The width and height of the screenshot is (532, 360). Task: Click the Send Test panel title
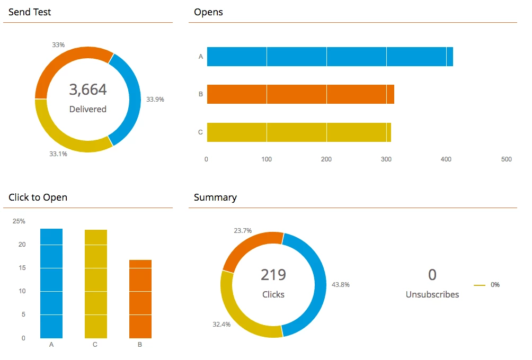click(x=30, y=12)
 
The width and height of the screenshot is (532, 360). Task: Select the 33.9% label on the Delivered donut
click(x=155, y=99)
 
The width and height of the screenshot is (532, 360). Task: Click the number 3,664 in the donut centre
click(x=88, y=90)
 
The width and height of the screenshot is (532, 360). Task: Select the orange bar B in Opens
click(x=300, y=94)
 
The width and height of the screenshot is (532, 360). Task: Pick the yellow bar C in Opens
click(x=298, y=132)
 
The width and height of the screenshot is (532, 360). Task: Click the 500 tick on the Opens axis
click(x=507, y=159)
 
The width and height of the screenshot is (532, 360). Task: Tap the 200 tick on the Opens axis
click(x=326, y=159)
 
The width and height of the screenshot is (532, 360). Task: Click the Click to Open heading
click(x=38, y=197)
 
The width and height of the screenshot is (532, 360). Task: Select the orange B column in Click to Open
click(x=140, y=299)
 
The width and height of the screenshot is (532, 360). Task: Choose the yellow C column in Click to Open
click(x=96, y=284)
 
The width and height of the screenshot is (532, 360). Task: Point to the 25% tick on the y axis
click(x=19, y=221)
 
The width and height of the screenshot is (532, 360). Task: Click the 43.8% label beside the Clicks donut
click(x=340, y=285)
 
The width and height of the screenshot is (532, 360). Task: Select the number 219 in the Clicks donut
click(x=273, y=275)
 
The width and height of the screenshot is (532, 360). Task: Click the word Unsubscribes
click(x=432, y=294)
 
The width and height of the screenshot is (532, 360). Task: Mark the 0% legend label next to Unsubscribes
click(x=495, y=285)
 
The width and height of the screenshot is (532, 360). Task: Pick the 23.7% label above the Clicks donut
click(x=243, y=231)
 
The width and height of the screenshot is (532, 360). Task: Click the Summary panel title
click(x=215, y=197)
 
